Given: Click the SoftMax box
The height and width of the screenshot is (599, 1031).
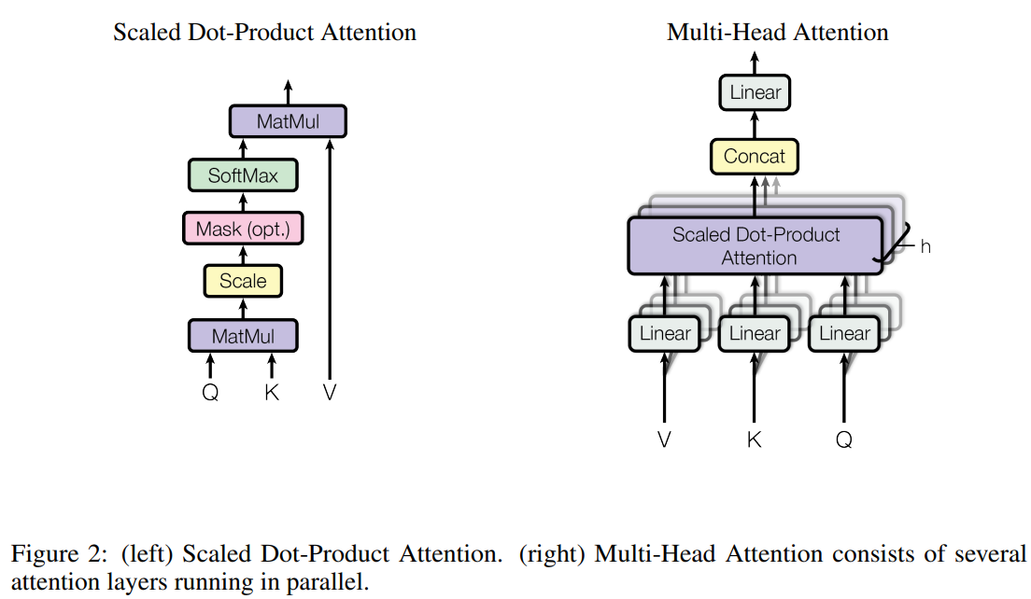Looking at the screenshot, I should click(x=243, y=175).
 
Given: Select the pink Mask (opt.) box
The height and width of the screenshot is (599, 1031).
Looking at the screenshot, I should click(x=243, y=229).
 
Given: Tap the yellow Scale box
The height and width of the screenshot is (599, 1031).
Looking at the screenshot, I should click(x=243, y=281).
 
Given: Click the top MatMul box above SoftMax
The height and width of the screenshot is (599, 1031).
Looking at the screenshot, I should click(x=288, y=122).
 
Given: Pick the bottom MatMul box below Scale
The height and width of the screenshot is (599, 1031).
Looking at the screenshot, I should click(x=243, y=336).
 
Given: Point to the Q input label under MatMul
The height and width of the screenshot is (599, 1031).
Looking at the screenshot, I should click(x=210, y=393).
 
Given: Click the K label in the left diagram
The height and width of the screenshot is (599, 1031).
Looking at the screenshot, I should click(x=272, y=393).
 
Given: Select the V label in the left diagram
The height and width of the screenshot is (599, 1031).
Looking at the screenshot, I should click(x=329, y=393).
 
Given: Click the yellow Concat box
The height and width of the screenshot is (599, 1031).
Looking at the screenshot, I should click(x=755, y=157).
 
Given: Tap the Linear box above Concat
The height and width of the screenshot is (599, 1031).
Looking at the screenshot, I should click(x=755, y=93).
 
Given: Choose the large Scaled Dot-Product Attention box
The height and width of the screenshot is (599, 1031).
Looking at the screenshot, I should click(x=756, y=246).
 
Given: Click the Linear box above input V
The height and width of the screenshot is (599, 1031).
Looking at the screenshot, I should click(x=665, y=334).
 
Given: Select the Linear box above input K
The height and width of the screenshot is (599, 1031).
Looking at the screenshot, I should click(x=755, y=334).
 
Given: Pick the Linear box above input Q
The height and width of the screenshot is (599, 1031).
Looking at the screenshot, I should click(x=844, y=334).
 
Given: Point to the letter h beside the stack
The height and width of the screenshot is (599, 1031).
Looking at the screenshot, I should click(x=925, y=247).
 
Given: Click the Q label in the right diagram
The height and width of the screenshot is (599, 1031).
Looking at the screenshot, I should click(x=844, y=439).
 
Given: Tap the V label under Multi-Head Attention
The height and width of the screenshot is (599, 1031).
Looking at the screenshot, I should click(x=665, y=439).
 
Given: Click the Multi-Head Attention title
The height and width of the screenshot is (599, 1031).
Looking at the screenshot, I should click(x=777, y=33).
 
